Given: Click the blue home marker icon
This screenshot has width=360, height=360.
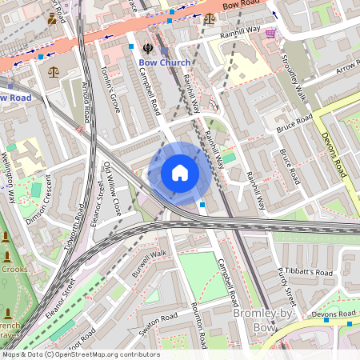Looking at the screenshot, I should click(180, 173).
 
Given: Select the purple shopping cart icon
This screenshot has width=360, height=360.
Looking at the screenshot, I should click(270, 33).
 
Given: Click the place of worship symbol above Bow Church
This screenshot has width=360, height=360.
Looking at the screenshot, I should click(147, 46).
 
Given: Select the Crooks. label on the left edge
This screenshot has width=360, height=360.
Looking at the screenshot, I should click(14, 269).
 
